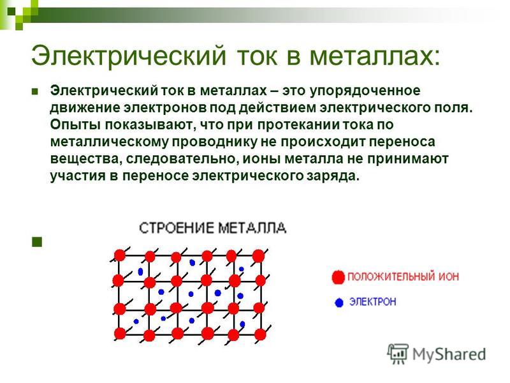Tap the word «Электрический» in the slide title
(129, 56)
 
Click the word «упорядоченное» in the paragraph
(365, 91)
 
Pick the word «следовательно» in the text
(180, 160)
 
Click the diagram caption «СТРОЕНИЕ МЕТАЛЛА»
(213, 228)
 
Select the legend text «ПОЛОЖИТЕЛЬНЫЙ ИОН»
(404, 277)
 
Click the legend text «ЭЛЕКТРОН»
(373, 302)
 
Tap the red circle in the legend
(338, 277)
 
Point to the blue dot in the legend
(339, 303)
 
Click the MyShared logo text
(449, 354)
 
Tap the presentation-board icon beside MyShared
(398, 353)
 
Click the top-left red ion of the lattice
(120, 255)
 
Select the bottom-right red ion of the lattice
(260, 334)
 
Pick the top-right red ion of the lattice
(259, 256)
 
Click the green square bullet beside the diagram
(37, 242)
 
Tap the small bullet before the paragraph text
(34, 91)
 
